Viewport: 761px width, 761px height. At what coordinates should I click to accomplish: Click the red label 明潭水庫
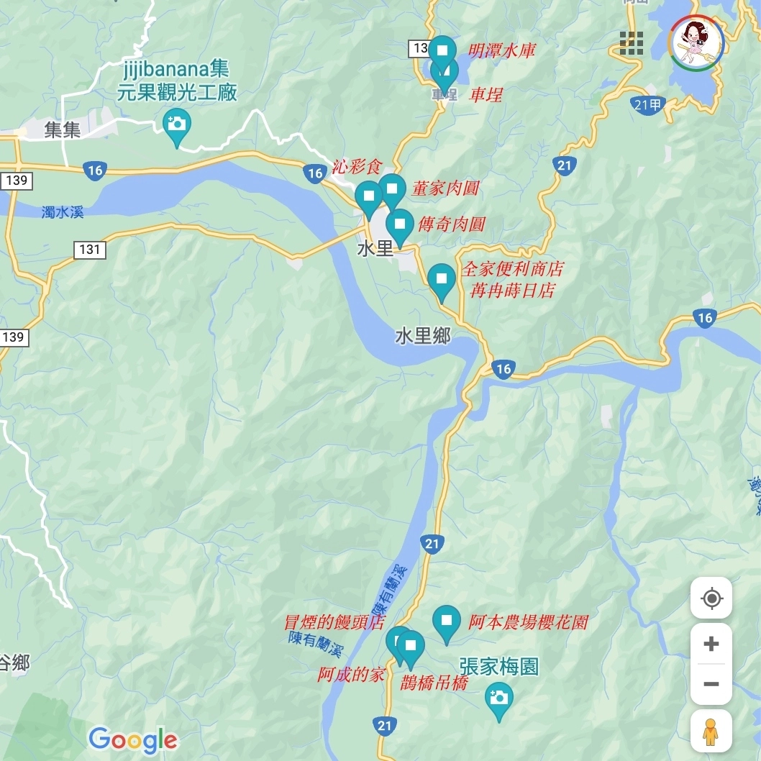(502, 51)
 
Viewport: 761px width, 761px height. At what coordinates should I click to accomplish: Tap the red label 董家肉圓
(445, 188)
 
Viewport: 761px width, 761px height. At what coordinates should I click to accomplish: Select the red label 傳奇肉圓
(452, 224)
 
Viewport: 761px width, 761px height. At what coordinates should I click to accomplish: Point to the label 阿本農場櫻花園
(529, 622)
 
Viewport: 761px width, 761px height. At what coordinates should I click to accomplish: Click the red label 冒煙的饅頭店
(334, 623)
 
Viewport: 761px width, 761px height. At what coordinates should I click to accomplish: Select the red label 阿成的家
(352, 675)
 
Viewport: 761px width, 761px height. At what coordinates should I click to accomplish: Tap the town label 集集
(63, 130)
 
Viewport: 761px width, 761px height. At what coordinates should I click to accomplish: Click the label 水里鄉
(423, 336)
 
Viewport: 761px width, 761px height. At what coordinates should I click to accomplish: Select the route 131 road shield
(90, 250)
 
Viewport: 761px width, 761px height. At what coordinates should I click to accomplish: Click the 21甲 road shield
(649, 105)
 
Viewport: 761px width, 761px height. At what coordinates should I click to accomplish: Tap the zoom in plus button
(711, 643)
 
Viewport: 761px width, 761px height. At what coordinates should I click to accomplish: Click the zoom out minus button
(711, 683)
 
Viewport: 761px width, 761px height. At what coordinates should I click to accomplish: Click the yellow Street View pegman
(711, 732)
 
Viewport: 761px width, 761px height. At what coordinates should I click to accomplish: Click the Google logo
(133, 739)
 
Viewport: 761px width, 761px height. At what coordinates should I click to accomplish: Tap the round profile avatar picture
(696, 43)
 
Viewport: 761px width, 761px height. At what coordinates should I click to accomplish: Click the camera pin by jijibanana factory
(176, 124)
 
